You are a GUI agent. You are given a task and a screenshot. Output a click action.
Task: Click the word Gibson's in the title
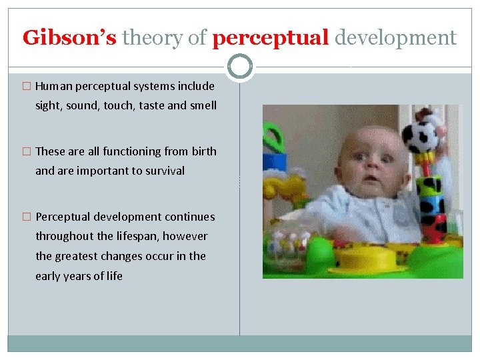(x=69, y=38)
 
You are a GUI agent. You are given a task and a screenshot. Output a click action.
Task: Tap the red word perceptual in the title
(x=271, y=38)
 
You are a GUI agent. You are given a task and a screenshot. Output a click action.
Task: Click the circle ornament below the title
(x=240, y=67)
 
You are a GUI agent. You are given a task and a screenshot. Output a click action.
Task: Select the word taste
(x=153, y=105)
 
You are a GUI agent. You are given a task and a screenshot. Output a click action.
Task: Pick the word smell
(x=203, y=105)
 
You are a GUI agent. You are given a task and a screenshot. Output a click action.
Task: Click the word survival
(x=163, y=171)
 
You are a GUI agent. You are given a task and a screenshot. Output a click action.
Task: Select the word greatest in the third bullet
(x=80, y=256)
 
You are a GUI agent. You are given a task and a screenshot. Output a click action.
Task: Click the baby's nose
(x=372, y=162)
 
